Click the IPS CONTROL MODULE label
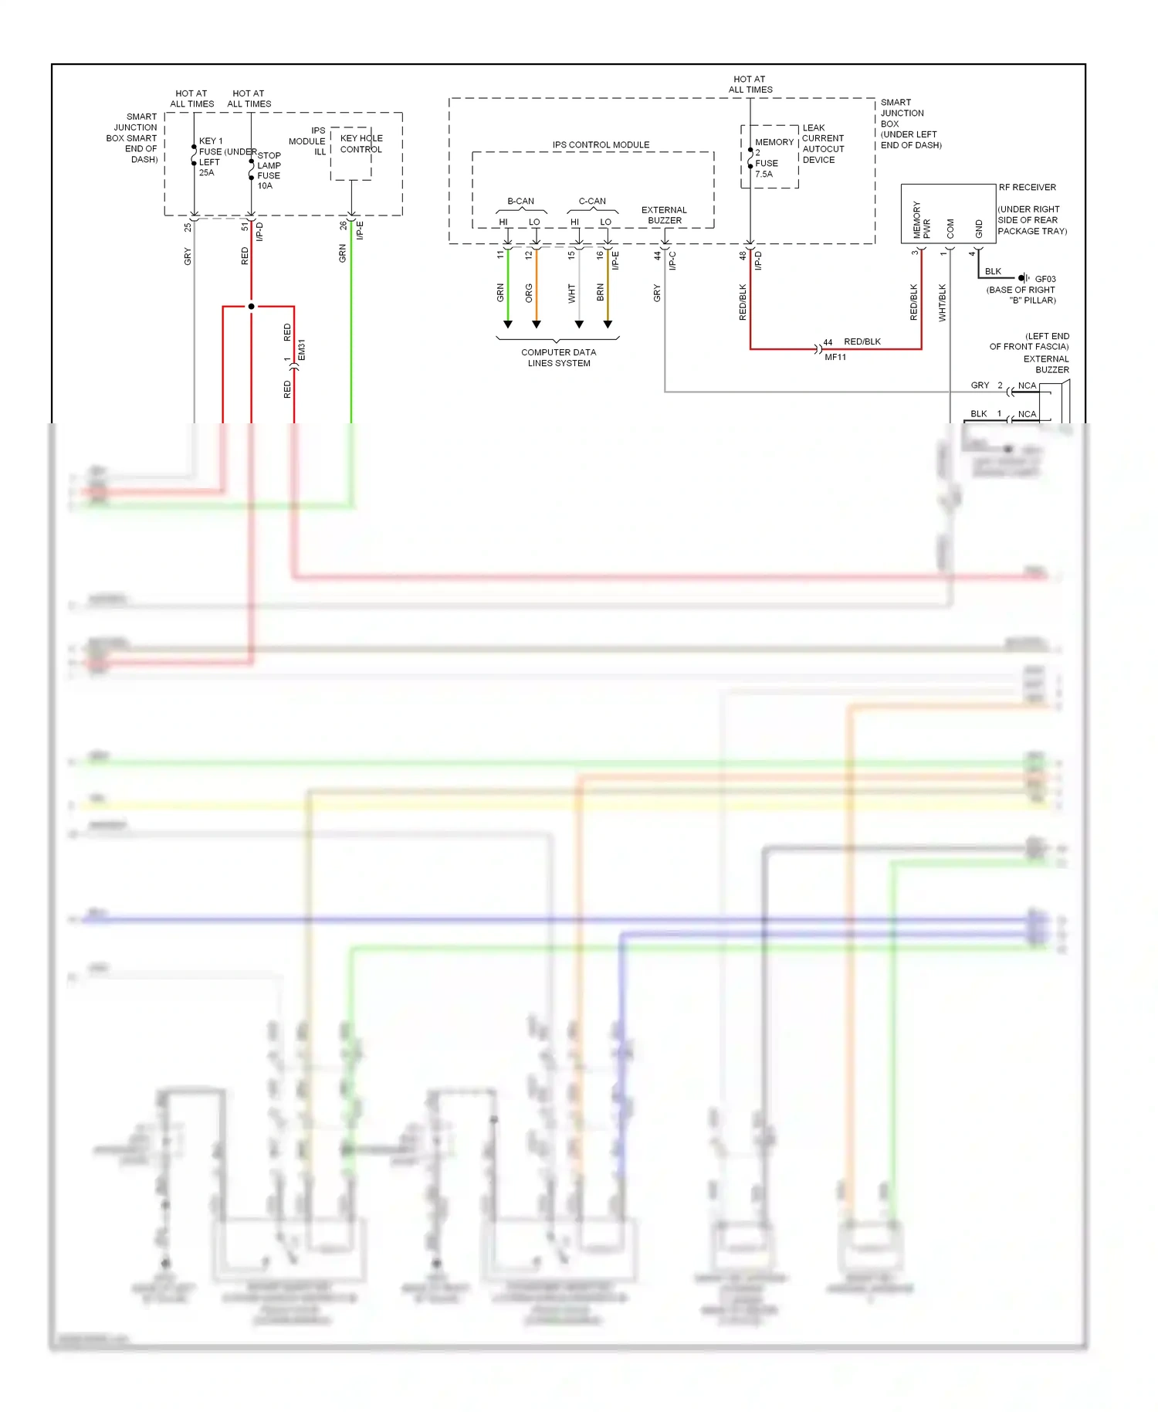pos(601,144)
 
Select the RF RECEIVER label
pos(1027,188)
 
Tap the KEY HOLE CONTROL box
pos(352,153)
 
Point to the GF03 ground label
pos(1045,279)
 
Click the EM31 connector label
pos(302,350)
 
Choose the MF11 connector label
pos(835,357)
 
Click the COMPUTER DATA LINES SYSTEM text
pos(558,358)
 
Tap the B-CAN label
pos(520,201)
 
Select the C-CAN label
pos(592,201)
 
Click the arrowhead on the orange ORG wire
pos(537,324)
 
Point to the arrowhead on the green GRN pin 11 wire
pos(508,324)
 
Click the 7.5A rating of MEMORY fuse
pos(764,174)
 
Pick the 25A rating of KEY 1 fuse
pos(206,173)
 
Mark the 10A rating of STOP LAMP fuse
pos(265,185)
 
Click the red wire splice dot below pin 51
pos(251,307)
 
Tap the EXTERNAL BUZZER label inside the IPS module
pos(664,215)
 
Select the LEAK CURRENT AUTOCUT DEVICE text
pos(823,144)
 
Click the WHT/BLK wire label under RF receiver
pos(943,303)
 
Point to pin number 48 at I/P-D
pos(743,255)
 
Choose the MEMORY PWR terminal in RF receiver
pos(922,220)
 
